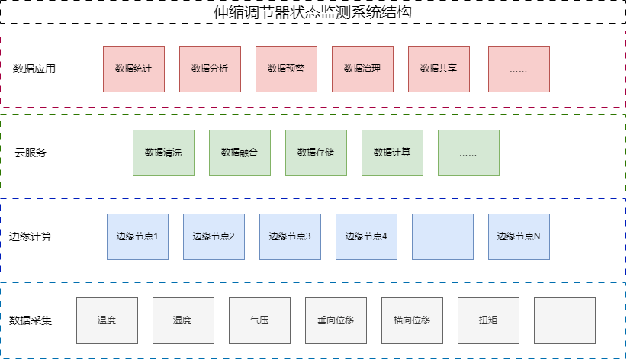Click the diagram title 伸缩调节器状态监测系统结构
pos(313,13)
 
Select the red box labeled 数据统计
pos(133,69)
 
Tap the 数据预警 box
pos(286,69)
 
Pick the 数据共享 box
pos(439,69)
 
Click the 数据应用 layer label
pos(35,69)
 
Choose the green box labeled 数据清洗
pos(163,153)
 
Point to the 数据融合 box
pos(240,153)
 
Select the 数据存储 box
pos(316,153)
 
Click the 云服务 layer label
pos(31,153)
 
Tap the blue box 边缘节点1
pos(137,236)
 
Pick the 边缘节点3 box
pos(290,236)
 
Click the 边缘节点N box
pos(519,236)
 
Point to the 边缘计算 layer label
pos(31,236)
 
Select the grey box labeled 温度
pos(107,320)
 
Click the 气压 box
pos(259,320)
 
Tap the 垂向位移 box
pos(336,320)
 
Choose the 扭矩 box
pos(488,320)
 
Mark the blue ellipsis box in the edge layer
pos(442,236)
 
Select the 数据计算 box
pos(392,153)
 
